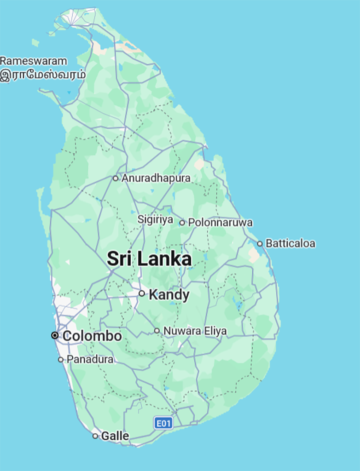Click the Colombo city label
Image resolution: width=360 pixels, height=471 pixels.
tap(92, 336)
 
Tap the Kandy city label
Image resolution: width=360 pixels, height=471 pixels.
tap(169, 295)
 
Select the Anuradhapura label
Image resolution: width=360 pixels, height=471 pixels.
tap(156, 178)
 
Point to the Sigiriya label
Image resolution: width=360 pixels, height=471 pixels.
tap(155, 220)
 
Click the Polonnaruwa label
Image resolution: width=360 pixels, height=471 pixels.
tap(221, 223)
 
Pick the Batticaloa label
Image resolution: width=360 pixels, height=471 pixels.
tap(290, 243)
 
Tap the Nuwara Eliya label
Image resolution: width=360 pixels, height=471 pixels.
tap(195, 331)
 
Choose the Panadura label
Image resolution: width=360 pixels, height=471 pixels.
tap(90, 360)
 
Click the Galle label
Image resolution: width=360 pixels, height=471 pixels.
tap(115, 436)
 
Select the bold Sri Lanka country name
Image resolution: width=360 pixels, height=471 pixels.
tap(149, 259)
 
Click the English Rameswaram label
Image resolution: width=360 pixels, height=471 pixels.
tap(33, 61)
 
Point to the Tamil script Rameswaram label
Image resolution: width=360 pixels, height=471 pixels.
tap(42, 75)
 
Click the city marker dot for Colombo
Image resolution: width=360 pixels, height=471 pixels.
tap(55, 335)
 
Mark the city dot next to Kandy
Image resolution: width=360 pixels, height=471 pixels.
tap(142, 293)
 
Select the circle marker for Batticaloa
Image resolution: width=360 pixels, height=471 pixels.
tap(260, 243)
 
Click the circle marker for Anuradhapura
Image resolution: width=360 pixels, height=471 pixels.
tap(116, 178)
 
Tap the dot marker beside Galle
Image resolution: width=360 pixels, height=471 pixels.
tap(95, 436)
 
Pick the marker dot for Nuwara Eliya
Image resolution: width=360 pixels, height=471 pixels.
tap(157, 331)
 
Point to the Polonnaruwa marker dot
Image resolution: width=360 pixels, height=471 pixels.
tap(182, 223)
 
